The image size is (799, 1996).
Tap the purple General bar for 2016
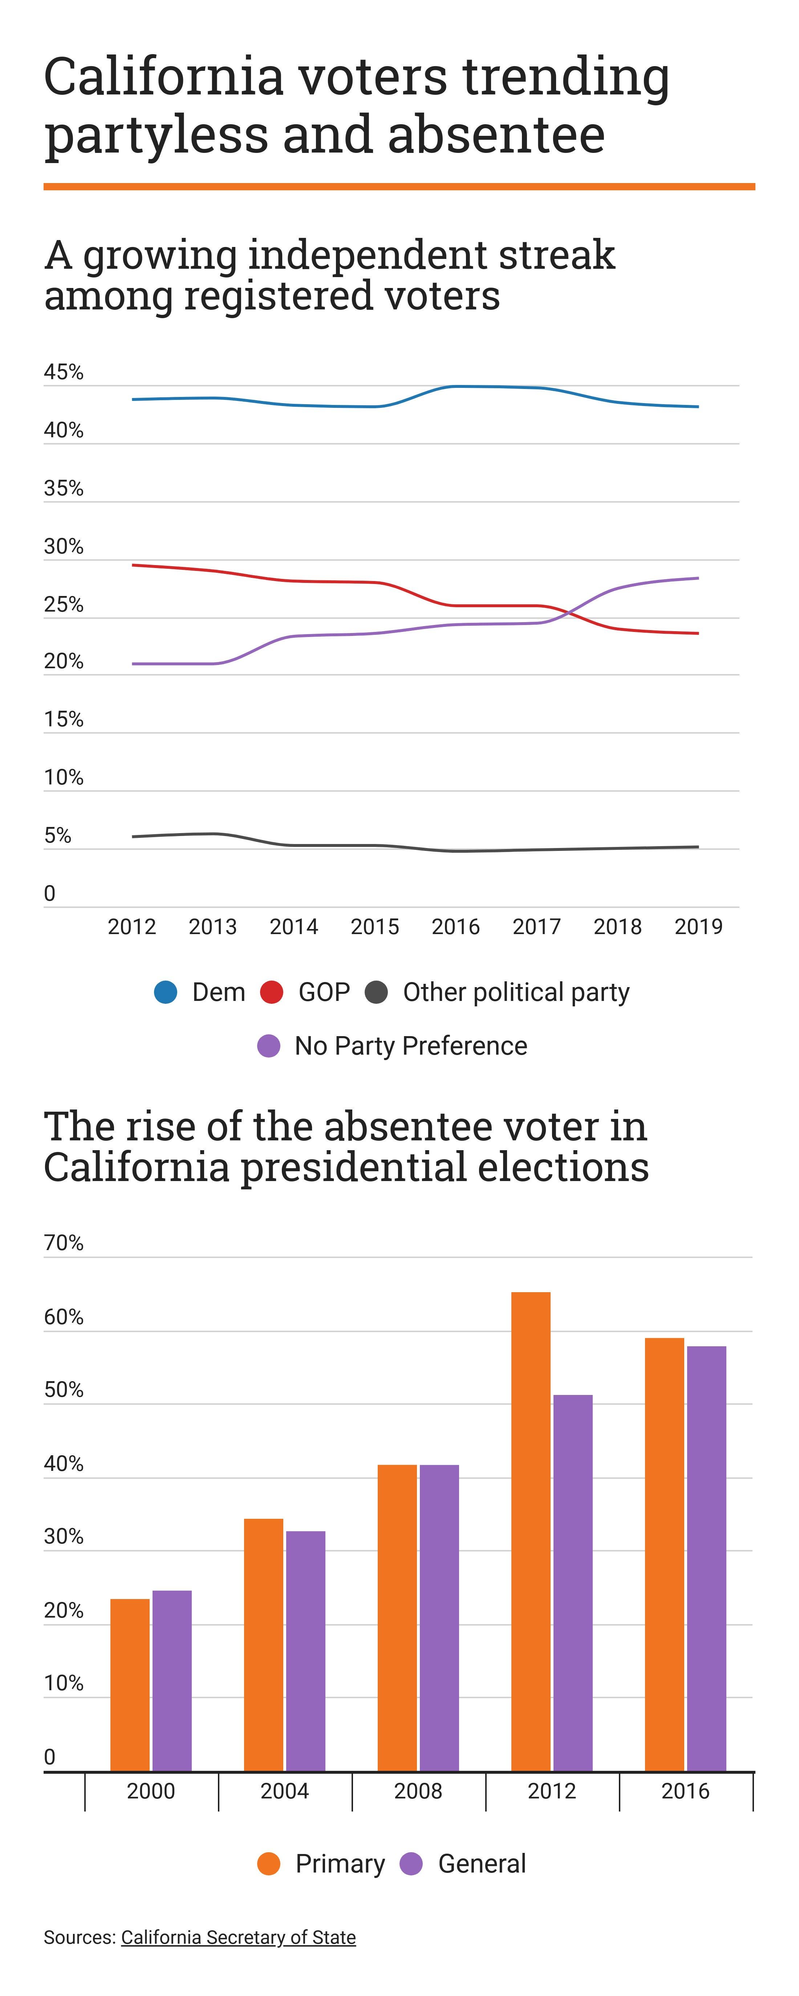point(706,1557)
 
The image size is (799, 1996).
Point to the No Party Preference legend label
point(411,1046)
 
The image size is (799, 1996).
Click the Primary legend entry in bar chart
point(340,1863)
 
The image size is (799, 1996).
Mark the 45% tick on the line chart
point(64,373)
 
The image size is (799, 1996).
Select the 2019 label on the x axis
point(698,927)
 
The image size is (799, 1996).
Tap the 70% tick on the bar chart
point(64,1243)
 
